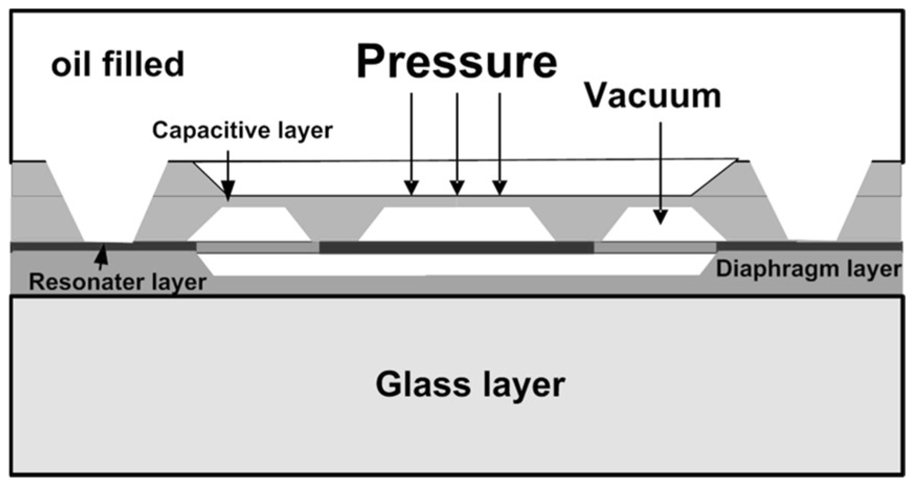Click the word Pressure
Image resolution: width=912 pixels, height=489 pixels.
(x=457, y=62)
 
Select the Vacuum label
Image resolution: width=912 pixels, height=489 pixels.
(x=652, y=96)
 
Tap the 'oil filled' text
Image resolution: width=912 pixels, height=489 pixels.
(x=118, y=64)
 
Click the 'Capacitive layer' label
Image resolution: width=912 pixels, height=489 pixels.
(x=242, y=130)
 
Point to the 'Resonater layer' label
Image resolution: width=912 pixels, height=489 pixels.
(x=117, y=282)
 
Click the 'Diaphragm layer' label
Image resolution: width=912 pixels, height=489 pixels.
(x=808, y=269)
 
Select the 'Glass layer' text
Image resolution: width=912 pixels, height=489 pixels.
(x=470, y=385)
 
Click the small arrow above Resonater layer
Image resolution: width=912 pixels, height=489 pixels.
(x=101, y=255)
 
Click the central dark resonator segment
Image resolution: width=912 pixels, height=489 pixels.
(x=456, y=247)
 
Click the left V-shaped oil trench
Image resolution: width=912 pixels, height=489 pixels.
(x=108, y=209)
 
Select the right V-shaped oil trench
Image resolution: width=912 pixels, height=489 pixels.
(x=812, y=209)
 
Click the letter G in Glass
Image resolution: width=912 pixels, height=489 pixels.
(x=389, y=385)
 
